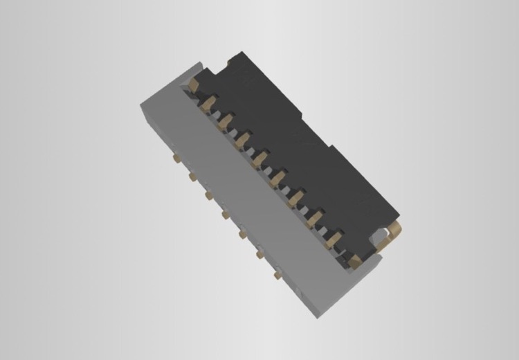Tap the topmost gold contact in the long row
pyautogui.click(x=194, y=84)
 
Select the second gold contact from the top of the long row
pyautogui.click(x=207, y=104)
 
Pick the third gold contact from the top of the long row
pyautogui.click(x=224, y=123)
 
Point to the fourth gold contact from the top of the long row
pyautogui.click(x=241, y=141)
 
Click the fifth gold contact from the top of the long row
pyautogui.click(x=259, y=160)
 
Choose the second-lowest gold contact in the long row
pyautogui.click(x=336, y=239)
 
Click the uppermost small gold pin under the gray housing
pyautogui.click(x=177, y=159)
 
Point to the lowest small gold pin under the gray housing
pyautogui.click(x=277, y=276)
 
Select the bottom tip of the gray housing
pyautogui.click(x=318, y=317)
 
